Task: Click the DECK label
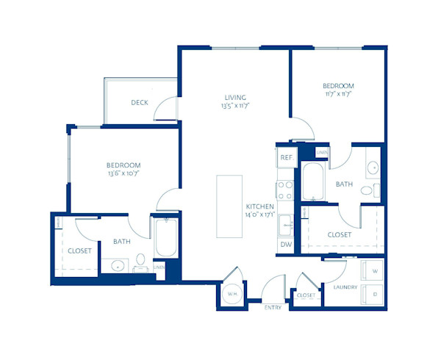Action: [140, 102]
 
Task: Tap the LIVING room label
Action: [235, 97]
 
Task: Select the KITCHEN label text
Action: [261, 207]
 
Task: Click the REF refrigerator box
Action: [286, 157]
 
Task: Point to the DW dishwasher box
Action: [285, 245]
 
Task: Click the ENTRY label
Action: [273, 308]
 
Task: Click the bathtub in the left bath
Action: [165, 237]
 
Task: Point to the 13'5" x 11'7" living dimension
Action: [235, 107]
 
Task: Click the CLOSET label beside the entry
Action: [306, 295]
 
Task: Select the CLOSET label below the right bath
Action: [340, 234]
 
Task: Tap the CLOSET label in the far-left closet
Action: [79, 251]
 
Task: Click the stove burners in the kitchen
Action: [285, 190]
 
